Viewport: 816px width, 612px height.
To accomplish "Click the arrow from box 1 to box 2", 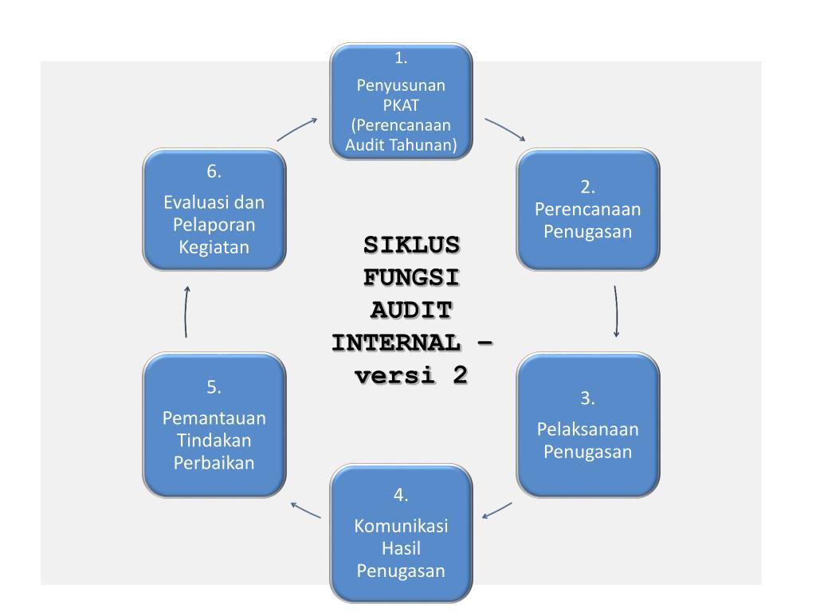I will coord(505,130).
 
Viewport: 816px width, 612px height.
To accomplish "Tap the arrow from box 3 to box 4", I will coord(497,509).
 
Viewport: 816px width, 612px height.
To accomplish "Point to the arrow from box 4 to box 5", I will coord(305,510).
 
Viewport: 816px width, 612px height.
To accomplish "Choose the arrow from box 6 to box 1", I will coord(297,130).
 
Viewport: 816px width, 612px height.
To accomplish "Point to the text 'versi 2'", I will coord(410,375).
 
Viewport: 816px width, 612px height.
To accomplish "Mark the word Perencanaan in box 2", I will coord(588,210).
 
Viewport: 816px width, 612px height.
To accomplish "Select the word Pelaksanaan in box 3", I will coord(588,430).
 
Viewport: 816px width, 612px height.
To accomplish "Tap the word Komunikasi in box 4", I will coord(401,528).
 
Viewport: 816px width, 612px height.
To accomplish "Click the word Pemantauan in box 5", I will coord(214,418).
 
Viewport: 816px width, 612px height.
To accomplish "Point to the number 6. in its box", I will coord(214,171).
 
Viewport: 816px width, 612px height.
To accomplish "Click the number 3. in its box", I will coord(588,398).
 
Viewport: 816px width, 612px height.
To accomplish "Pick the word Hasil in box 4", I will coord(401,549).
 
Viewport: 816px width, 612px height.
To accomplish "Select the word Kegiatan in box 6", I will coord(214,247).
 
